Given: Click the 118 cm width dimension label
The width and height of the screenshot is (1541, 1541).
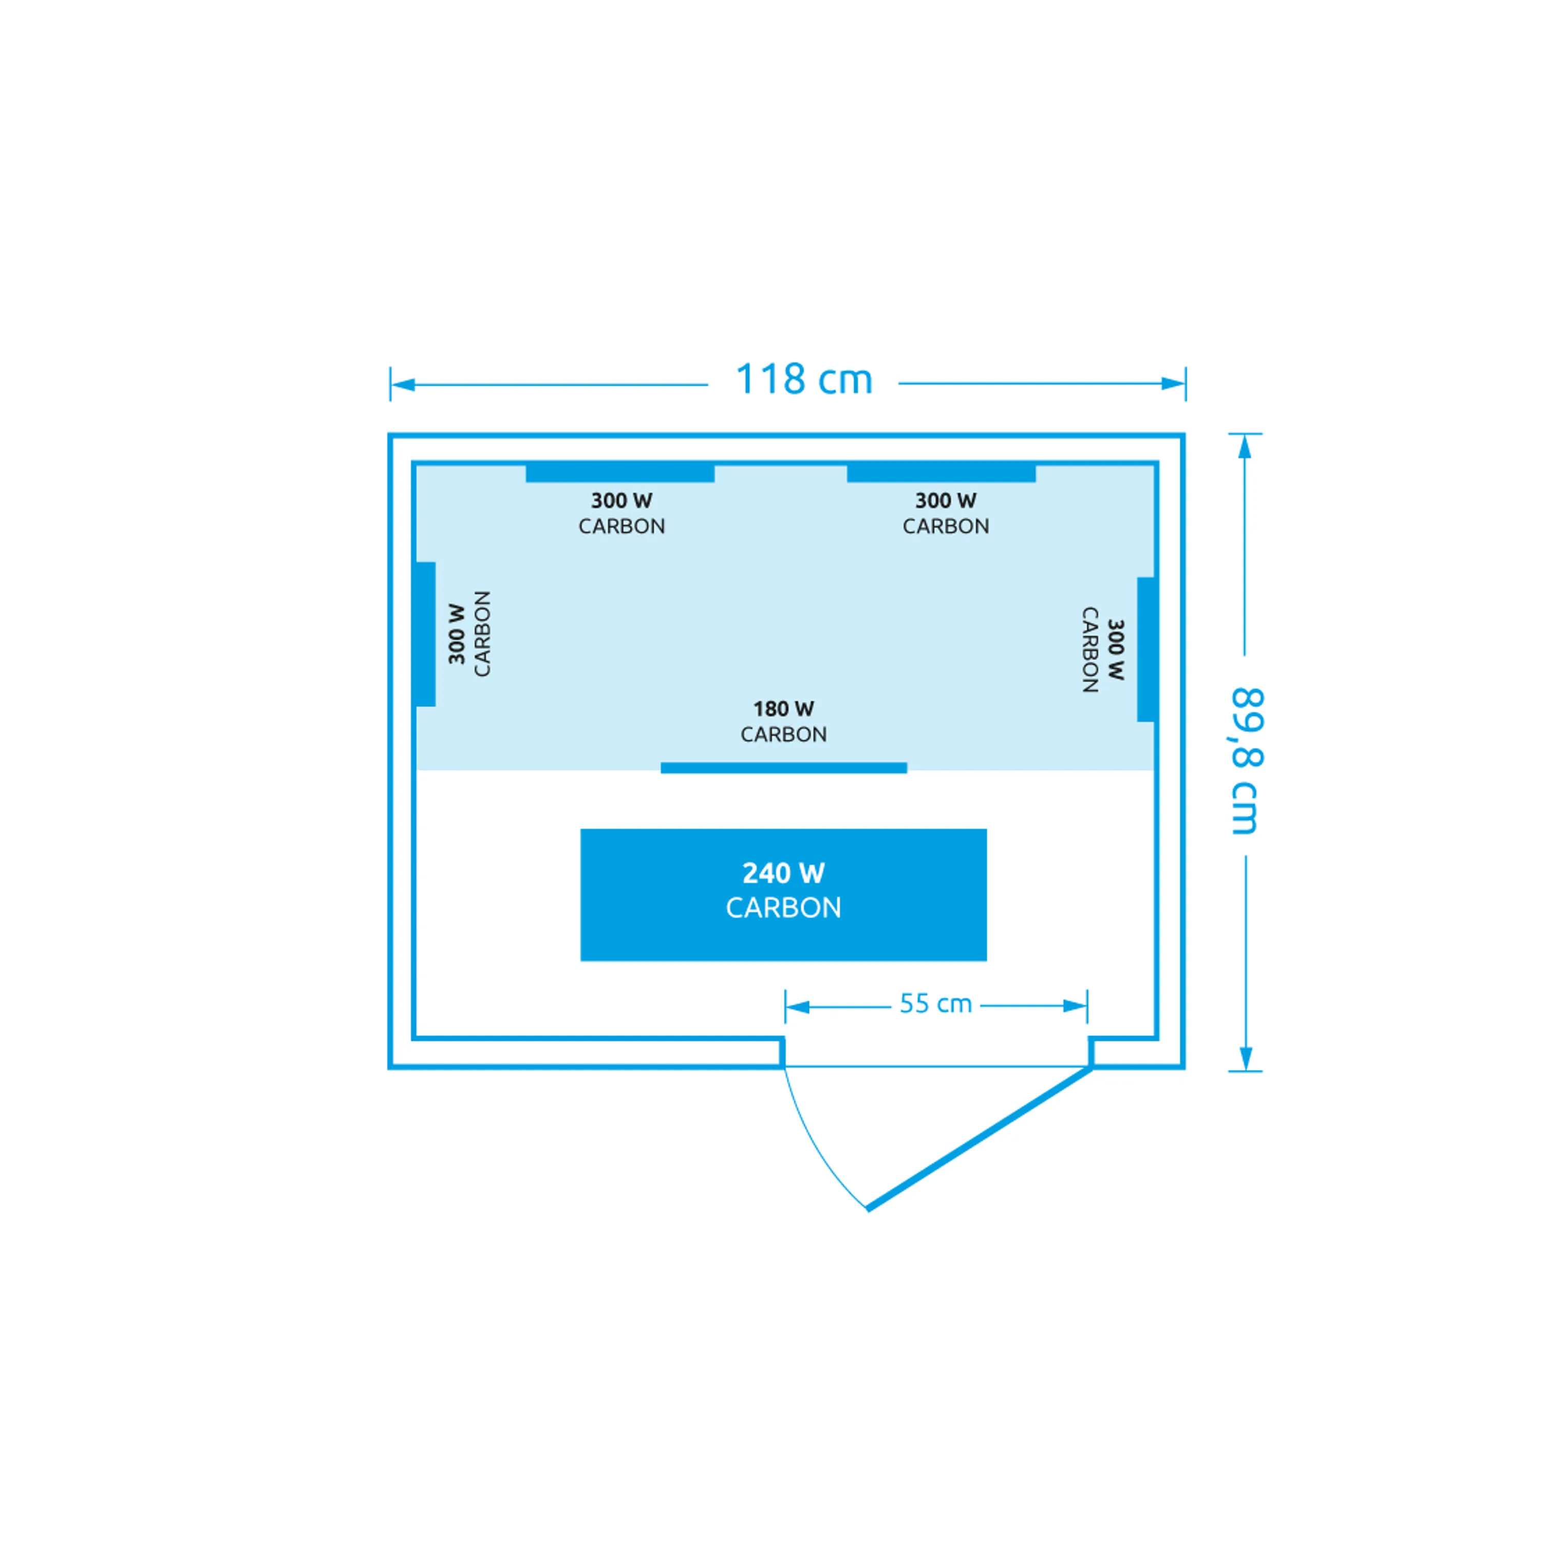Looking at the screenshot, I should [x=803, y=380].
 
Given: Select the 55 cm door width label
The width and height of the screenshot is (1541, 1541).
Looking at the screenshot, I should [x=935, y=1003].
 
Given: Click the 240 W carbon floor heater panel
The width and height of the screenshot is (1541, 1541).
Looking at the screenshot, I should [x=783, y=895].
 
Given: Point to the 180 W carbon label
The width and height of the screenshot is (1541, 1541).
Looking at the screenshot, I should [x=783, y=721].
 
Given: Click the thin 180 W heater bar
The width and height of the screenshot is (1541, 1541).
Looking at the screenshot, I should [x=783, y=768].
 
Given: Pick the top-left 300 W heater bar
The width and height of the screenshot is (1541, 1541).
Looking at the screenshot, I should [x=620, y=473].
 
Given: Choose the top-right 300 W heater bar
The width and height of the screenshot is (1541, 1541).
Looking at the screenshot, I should [x=941, y=473].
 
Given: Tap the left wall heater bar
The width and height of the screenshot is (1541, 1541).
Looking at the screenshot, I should [x=426, y=634].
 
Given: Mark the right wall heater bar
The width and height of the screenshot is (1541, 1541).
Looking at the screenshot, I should [x=1146, y=649].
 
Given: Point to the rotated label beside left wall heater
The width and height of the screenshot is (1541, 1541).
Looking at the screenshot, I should [x=469, y=634].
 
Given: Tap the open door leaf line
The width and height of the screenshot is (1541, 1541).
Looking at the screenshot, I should [x=980, y=1139].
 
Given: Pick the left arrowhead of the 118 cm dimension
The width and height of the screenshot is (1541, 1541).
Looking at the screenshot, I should [x=403, y=385].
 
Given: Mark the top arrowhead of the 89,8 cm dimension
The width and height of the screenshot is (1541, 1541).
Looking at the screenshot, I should [x=1244, y=447].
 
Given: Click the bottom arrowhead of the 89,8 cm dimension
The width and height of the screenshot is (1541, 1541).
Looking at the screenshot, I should [x=1246, y=1059].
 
